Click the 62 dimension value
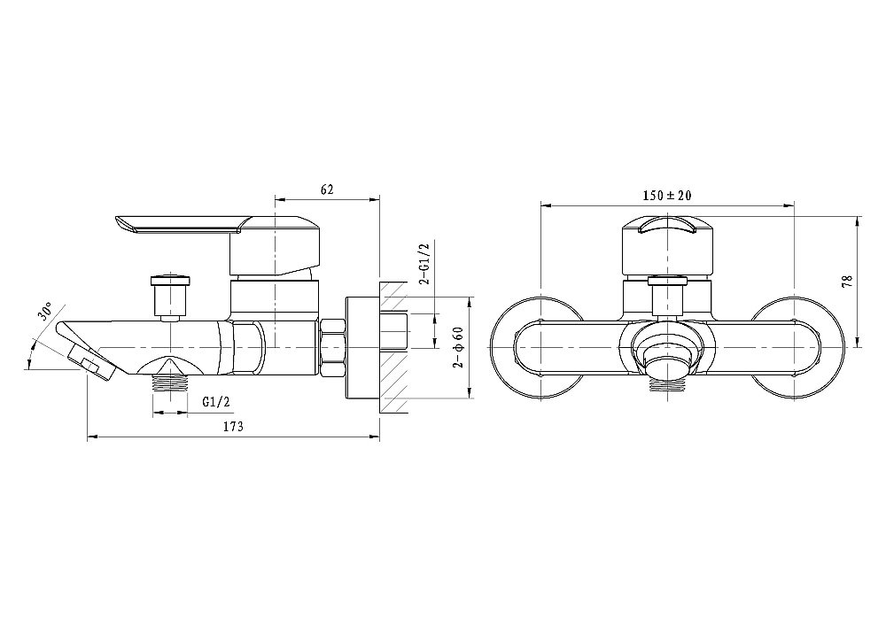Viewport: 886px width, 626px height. tap(327, 189)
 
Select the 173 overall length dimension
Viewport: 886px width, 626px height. tap(233, 427)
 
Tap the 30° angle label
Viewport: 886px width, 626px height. tap(46, 311)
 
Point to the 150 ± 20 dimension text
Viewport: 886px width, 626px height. tap(667, 196)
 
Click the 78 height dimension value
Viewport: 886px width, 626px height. tap(847, 282)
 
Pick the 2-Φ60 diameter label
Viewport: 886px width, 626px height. tap(458, 347)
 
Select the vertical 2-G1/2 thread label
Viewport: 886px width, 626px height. tap(426, 262)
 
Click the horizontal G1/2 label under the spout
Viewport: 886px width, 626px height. tap(216, 401)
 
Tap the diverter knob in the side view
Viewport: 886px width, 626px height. tap(169, 297)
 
